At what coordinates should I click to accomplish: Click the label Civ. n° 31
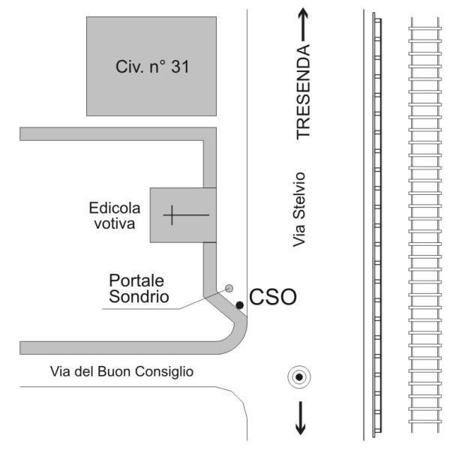[x=152, y=67]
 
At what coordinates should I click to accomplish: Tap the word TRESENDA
[x=303, y=91]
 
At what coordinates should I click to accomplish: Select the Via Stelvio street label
[x=298, y=209]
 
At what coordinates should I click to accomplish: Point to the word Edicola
[x=115, y=208]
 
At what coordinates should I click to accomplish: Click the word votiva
[x=115, y=223]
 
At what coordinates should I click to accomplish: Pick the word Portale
[x=136, y=280]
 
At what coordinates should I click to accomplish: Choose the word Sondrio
[x=139, y=296]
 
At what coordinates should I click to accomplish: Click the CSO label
[x=273, y=297]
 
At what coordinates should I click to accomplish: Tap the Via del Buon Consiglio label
[x=121, y=371]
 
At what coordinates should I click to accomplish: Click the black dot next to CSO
[x=240, y=305]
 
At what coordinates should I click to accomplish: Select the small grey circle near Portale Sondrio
[x=229, y=288]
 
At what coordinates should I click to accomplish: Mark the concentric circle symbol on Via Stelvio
[x=299, y=377]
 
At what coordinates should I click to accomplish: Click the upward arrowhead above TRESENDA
[x=303, y=13]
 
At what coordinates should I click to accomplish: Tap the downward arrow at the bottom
[x=301, y=418]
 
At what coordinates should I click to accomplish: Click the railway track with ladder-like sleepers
[x=424, y=224]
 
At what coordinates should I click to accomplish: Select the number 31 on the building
[x=180, y=67]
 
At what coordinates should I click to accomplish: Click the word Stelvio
[x=298, y=196]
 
